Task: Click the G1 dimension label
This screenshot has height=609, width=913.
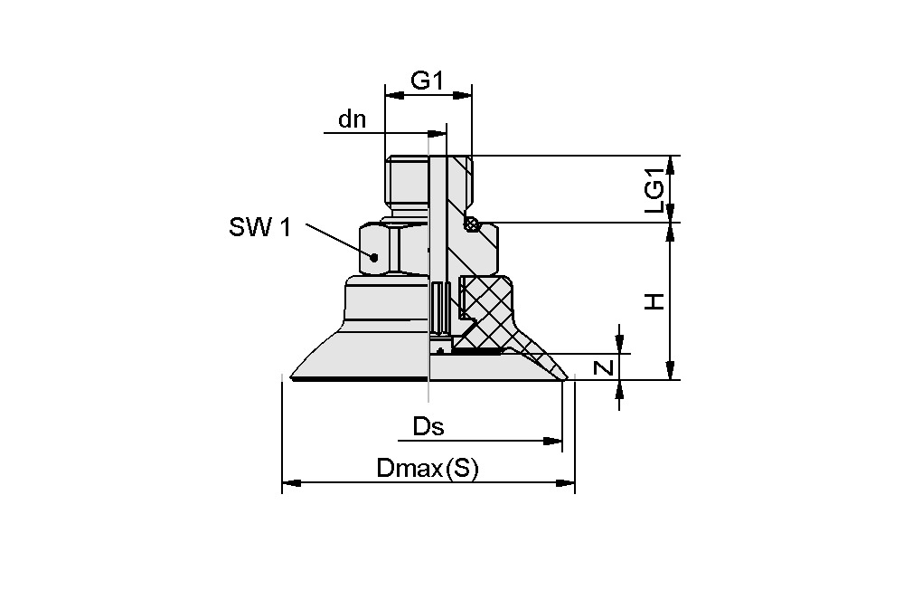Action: (428, 81)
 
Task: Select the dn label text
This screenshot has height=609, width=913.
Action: (352, 119)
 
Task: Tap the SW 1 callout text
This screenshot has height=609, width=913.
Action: (259, 228)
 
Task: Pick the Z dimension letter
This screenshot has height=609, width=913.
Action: (607, 366)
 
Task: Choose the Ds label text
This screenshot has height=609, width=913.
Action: (428, 427)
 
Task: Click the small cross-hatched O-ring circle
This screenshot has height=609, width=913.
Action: (469, 224)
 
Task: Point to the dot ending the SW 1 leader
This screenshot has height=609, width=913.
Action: (373, 256)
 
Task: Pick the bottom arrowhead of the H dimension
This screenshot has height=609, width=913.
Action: (670, 371)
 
